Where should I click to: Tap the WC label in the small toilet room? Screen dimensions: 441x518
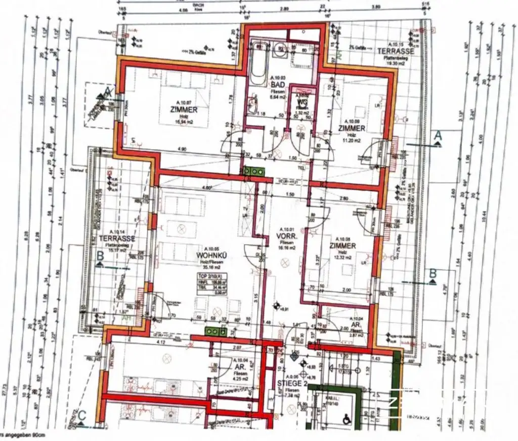tap(303, 102)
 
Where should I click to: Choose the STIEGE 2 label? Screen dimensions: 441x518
tap(290, 384)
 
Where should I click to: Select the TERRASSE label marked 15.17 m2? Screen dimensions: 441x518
tap(117, 238)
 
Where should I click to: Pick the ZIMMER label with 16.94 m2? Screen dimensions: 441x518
tap(184, 109)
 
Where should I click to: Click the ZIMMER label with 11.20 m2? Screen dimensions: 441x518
tap(352, 129)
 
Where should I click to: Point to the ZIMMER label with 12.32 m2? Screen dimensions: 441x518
tap(342, 246)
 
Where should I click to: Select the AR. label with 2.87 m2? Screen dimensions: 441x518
tap(357, 324)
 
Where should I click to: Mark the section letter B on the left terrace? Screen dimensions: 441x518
tap(100, 256)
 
